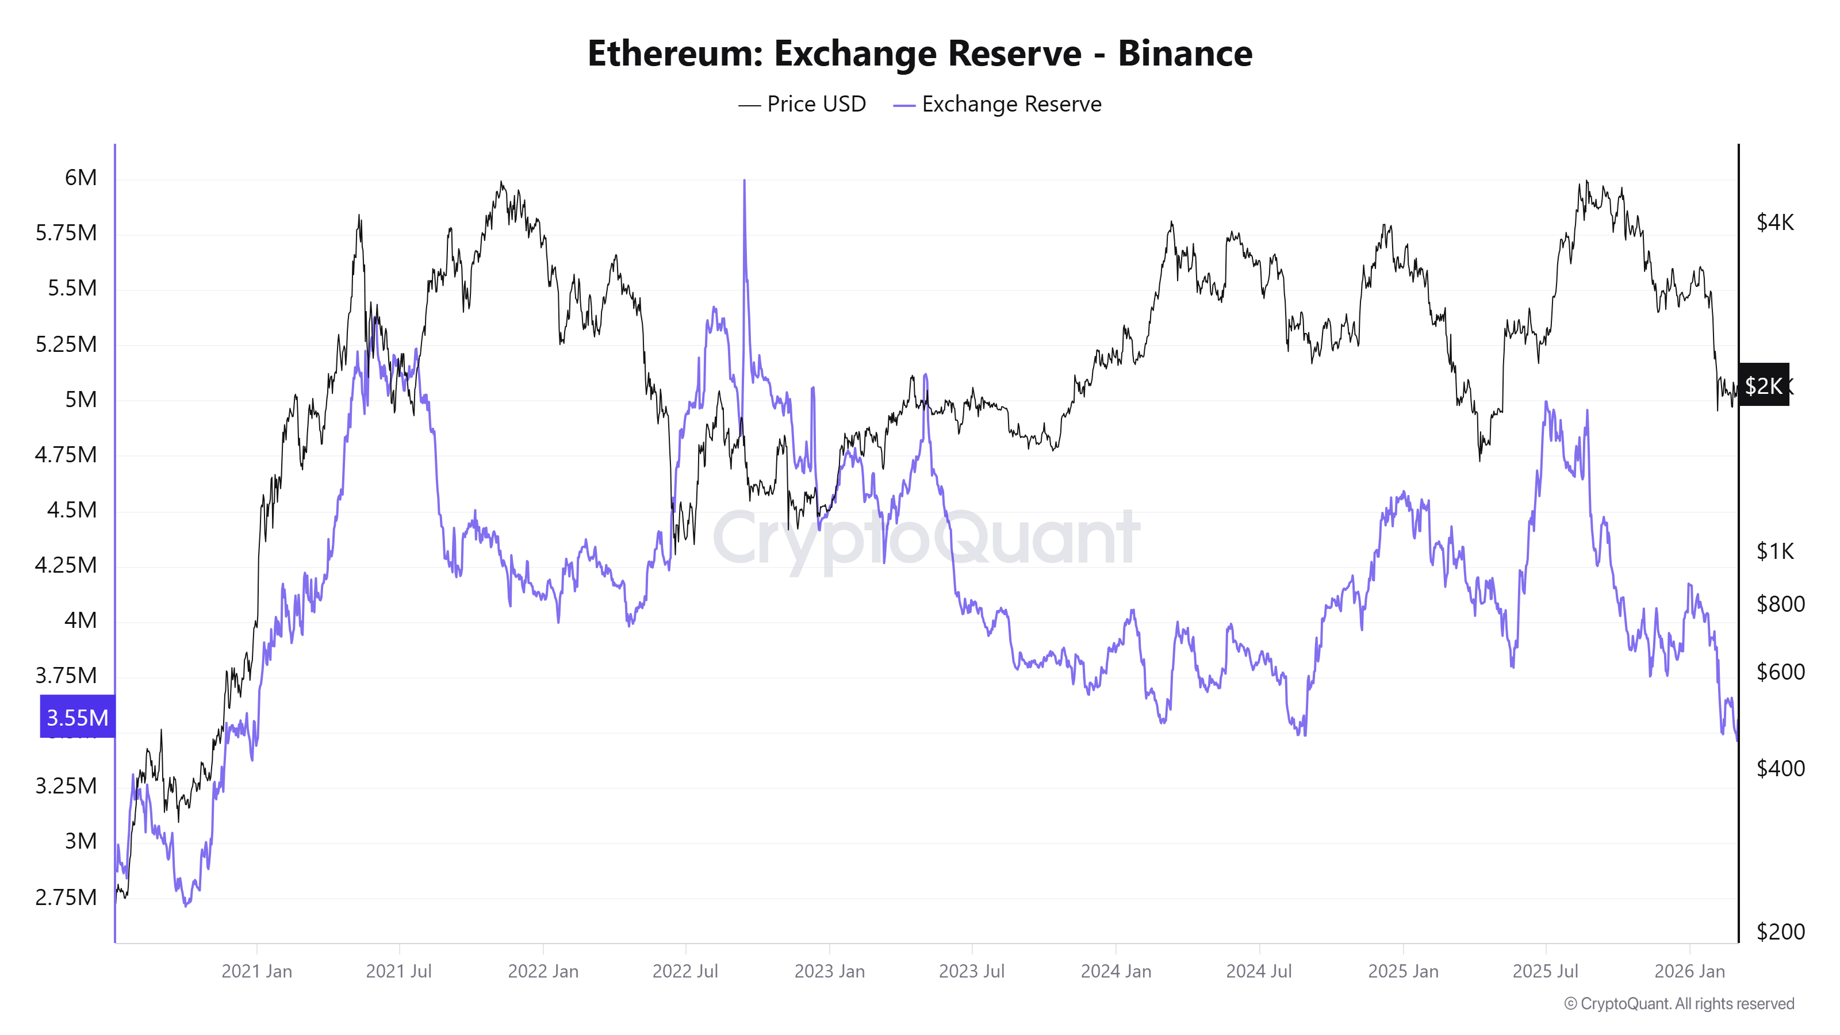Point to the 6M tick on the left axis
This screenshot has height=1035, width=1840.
tap(80, 177)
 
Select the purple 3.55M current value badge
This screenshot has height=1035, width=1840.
tap(77, 717)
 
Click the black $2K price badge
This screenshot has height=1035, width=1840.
tap(1763, 386)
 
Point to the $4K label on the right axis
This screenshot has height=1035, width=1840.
tap(1775, 222)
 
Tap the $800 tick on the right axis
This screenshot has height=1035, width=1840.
tap(1780, 604)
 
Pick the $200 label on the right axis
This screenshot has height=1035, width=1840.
tap(1780, 931)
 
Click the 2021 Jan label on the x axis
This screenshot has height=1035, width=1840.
tap(256, 971)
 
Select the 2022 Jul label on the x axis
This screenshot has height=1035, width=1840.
tap(685, 971)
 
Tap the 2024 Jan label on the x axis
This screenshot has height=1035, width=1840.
tap(1115, 971)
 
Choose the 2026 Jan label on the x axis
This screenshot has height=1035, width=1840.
tap(1689, 971)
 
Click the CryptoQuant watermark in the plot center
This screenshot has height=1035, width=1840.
tap(926, 537)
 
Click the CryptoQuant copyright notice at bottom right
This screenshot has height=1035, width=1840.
tap(1678, 1003)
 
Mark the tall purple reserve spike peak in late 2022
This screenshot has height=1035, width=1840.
tap(743, 183)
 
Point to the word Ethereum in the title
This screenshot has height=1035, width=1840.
tap(675, 53)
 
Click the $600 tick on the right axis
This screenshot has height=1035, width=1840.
tap(1780, 672)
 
